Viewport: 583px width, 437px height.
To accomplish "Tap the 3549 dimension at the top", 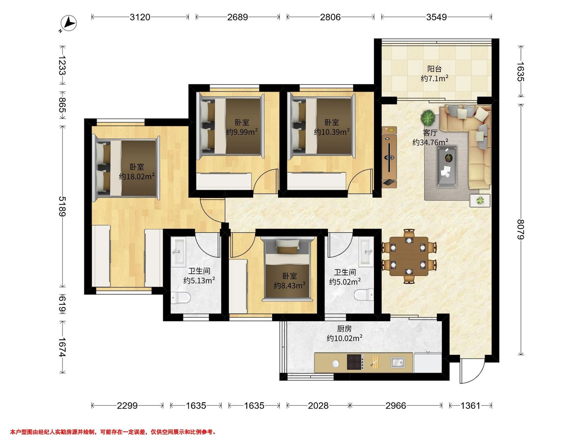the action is (x=437, y=17).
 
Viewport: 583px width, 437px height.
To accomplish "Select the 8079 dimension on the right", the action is (x=521, y=229).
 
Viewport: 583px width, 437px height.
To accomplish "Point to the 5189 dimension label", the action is (x=62, y=207).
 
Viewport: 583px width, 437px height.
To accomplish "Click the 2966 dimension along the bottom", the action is (x=396, y=405).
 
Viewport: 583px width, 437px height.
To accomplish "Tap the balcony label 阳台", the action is (x=434, y=69).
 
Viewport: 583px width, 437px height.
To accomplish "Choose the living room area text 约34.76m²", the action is (x=430, y=142).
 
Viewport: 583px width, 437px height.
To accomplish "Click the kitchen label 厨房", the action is (x=344, y=328).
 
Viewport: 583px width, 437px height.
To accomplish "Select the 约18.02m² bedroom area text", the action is (x=137, y=176).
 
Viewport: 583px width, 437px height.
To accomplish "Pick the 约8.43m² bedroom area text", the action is (x=290, y=285).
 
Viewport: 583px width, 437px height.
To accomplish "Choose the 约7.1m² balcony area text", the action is (x=435, y=78).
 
